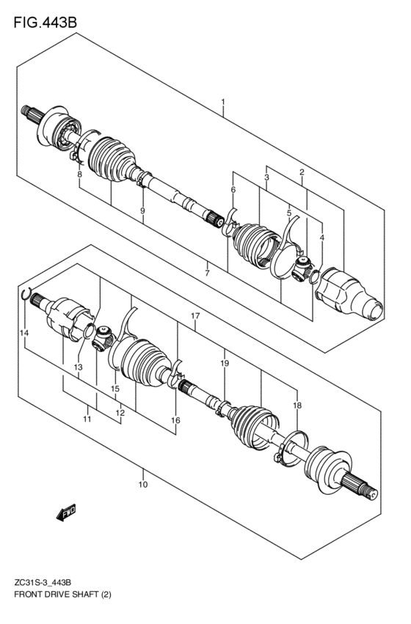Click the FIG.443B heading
(45, 23)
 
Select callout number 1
(223, 102)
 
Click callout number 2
(302, 172)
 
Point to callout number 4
(321, 238)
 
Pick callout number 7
(208, 273)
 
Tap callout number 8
(80, 175)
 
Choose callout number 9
(142, 211)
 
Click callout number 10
(143, 485)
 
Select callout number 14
(25, 333)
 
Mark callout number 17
(194, 316)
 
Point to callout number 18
(297, 405)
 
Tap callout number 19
(225, 363)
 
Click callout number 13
(78, 367)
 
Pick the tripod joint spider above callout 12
(103, 337)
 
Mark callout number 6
(233, 189)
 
